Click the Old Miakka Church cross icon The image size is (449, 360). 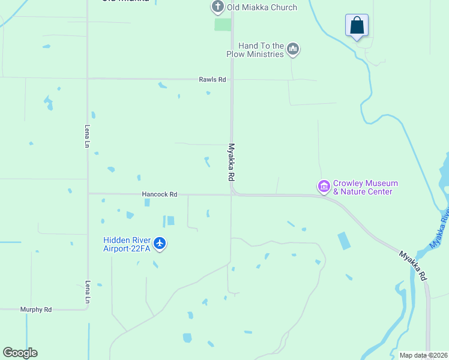[x=217, y=7]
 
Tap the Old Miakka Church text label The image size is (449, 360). [x=262, y=8]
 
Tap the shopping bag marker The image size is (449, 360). [x=357, y=26]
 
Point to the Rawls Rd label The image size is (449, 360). [x=212, y=79]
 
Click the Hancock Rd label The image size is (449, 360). [x=160, y=194]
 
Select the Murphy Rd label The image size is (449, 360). [x=36, y=310]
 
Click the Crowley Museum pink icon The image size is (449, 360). [x=324, y=187]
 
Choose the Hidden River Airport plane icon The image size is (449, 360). [x=160, y=244]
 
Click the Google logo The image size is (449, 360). [x=20, y=353]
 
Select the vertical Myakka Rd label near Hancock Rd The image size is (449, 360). [x=231, y=162]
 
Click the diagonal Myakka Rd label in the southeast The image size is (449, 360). [x=413, y=266]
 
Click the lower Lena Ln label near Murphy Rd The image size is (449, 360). [x=88, y=291]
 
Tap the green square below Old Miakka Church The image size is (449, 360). [x=223, y=25]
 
